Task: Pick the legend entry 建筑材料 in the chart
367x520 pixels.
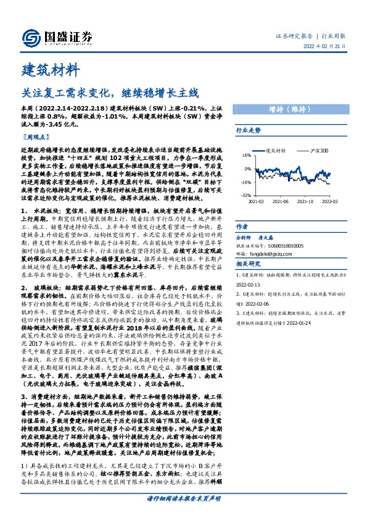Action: pos(274,150)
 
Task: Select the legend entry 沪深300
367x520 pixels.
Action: pos(318,150)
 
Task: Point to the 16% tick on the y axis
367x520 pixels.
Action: pos(247,156)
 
